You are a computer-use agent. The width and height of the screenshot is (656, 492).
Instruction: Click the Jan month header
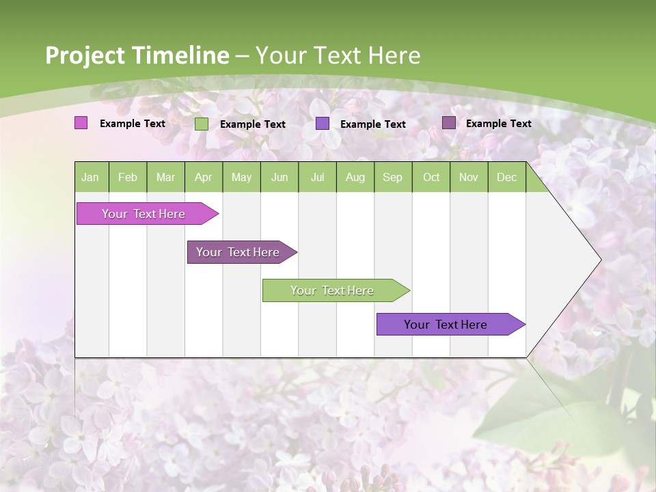(91, 178)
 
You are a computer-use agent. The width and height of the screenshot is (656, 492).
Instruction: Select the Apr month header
(204, 178)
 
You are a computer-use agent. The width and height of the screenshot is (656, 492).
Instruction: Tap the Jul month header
(317, 178)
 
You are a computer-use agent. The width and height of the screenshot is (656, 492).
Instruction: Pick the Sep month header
(392, 178)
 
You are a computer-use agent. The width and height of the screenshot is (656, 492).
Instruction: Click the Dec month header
(506, 178)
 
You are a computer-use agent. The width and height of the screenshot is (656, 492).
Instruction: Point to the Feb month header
(128, 178)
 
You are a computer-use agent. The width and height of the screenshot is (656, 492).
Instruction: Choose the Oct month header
(431, 178)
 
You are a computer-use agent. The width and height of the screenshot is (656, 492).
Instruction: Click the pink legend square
(81, 123)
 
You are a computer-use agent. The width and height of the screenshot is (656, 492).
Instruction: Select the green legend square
(201, 124)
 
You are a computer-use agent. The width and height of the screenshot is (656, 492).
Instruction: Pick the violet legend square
(323, 124)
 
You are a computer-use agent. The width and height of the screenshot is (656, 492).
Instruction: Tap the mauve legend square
(448, 123)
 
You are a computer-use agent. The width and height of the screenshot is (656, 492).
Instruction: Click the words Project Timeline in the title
(137, 55)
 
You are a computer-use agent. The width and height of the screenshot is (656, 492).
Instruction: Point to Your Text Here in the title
(338, 55)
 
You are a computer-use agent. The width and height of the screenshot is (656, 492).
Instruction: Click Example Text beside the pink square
(133, 124)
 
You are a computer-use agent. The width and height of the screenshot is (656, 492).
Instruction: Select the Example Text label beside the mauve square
(498, 124)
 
